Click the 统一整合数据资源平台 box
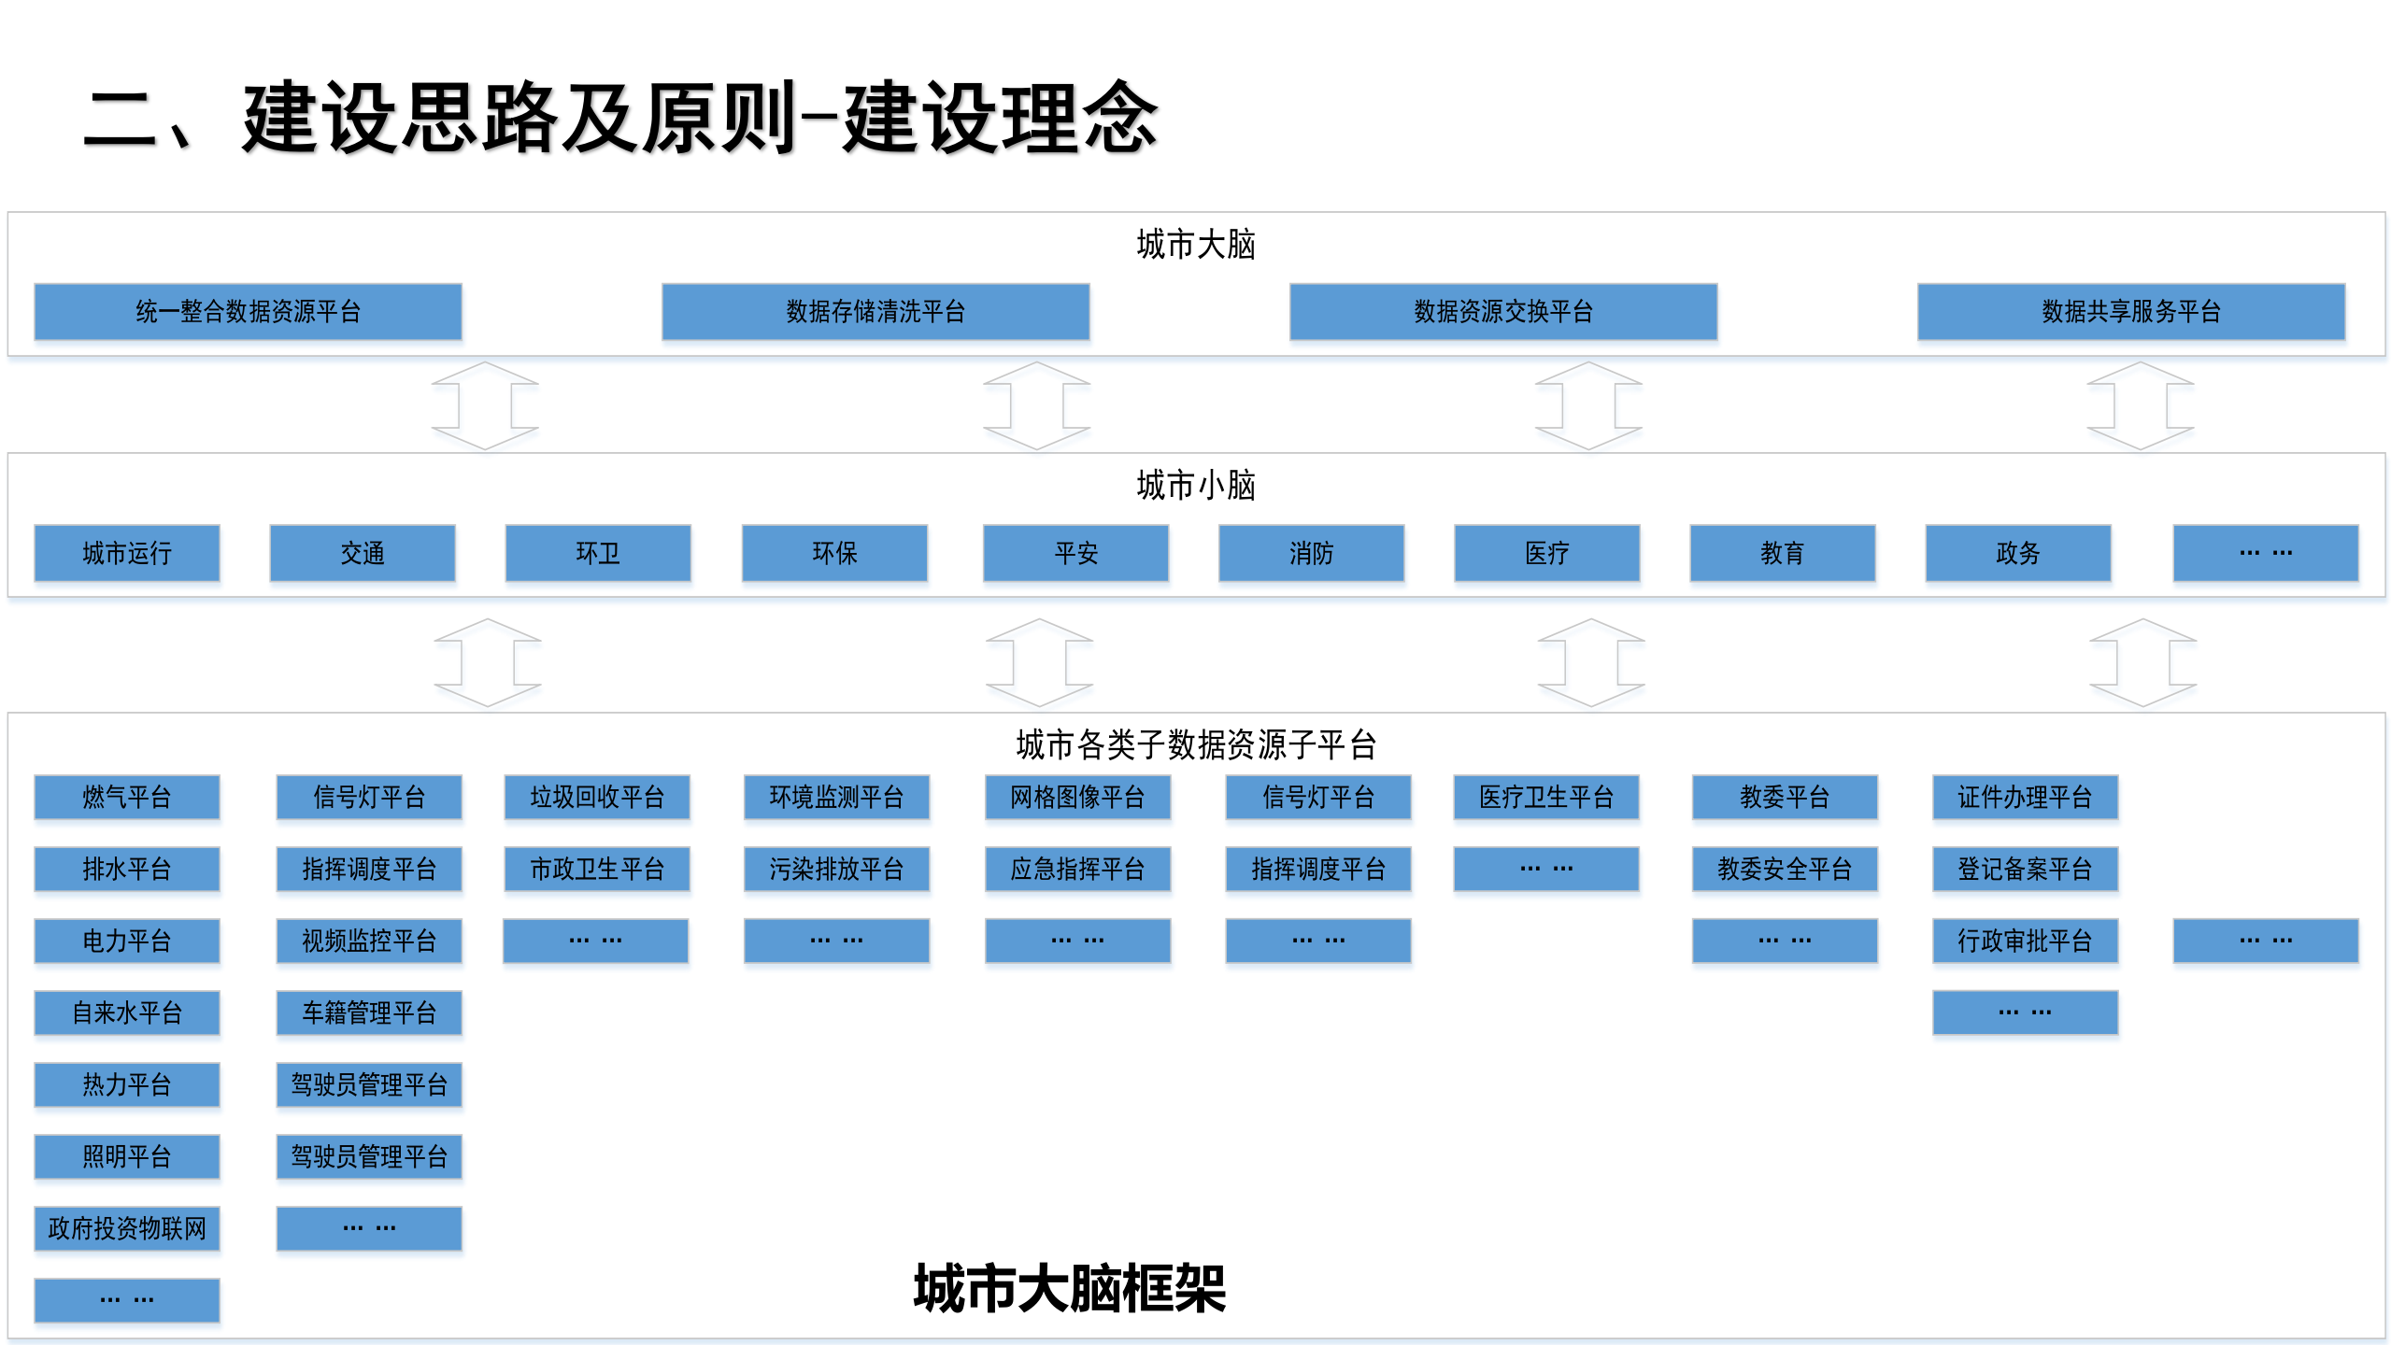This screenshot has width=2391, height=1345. [x=248, y=311]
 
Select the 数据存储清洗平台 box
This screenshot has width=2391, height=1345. [x=875, y=311]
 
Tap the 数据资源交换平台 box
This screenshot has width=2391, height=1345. [x=1502, y=311]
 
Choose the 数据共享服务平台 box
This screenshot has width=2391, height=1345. [x=2130, y=311]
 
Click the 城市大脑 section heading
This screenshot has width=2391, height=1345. [x=1195, y=245]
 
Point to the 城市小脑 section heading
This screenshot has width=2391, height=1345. [x=1195, y=486]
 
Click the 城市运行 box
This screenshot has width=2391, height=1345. [x=127, y=553]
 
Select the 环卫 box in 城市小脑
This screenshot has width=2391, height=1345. [x=598, y=553]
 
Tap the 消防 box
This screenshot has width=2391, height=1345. [x=1311, y=553]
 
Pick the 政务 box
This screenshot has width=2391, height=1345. [x=2017, y=553]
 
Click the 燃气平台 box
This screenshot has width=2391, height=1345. [x=127, y=797]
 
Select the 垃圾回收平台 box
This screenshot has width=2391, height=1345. [x=597, y=797]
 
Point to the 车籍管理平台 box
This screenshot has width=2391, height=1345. [x=369, y=1012]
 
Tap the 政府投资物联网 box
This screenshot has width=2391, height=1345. [x=127, y=1228]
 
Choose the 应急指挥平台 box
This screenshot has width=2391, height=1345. [x=1077, y=869]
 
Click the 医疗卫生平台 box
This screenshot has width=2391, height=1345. [x=1546, y=797]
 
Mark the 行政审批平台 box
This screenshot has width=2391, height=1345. [x=2025, y=941]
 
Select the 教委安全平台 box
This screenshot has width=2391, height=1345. [x=1785, y=869]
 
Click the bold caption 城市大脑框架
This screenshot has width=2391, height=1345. [x=1070, y=1289]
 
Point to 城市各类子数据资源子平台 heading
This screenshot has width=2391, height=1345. [x=1195, y=744]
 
